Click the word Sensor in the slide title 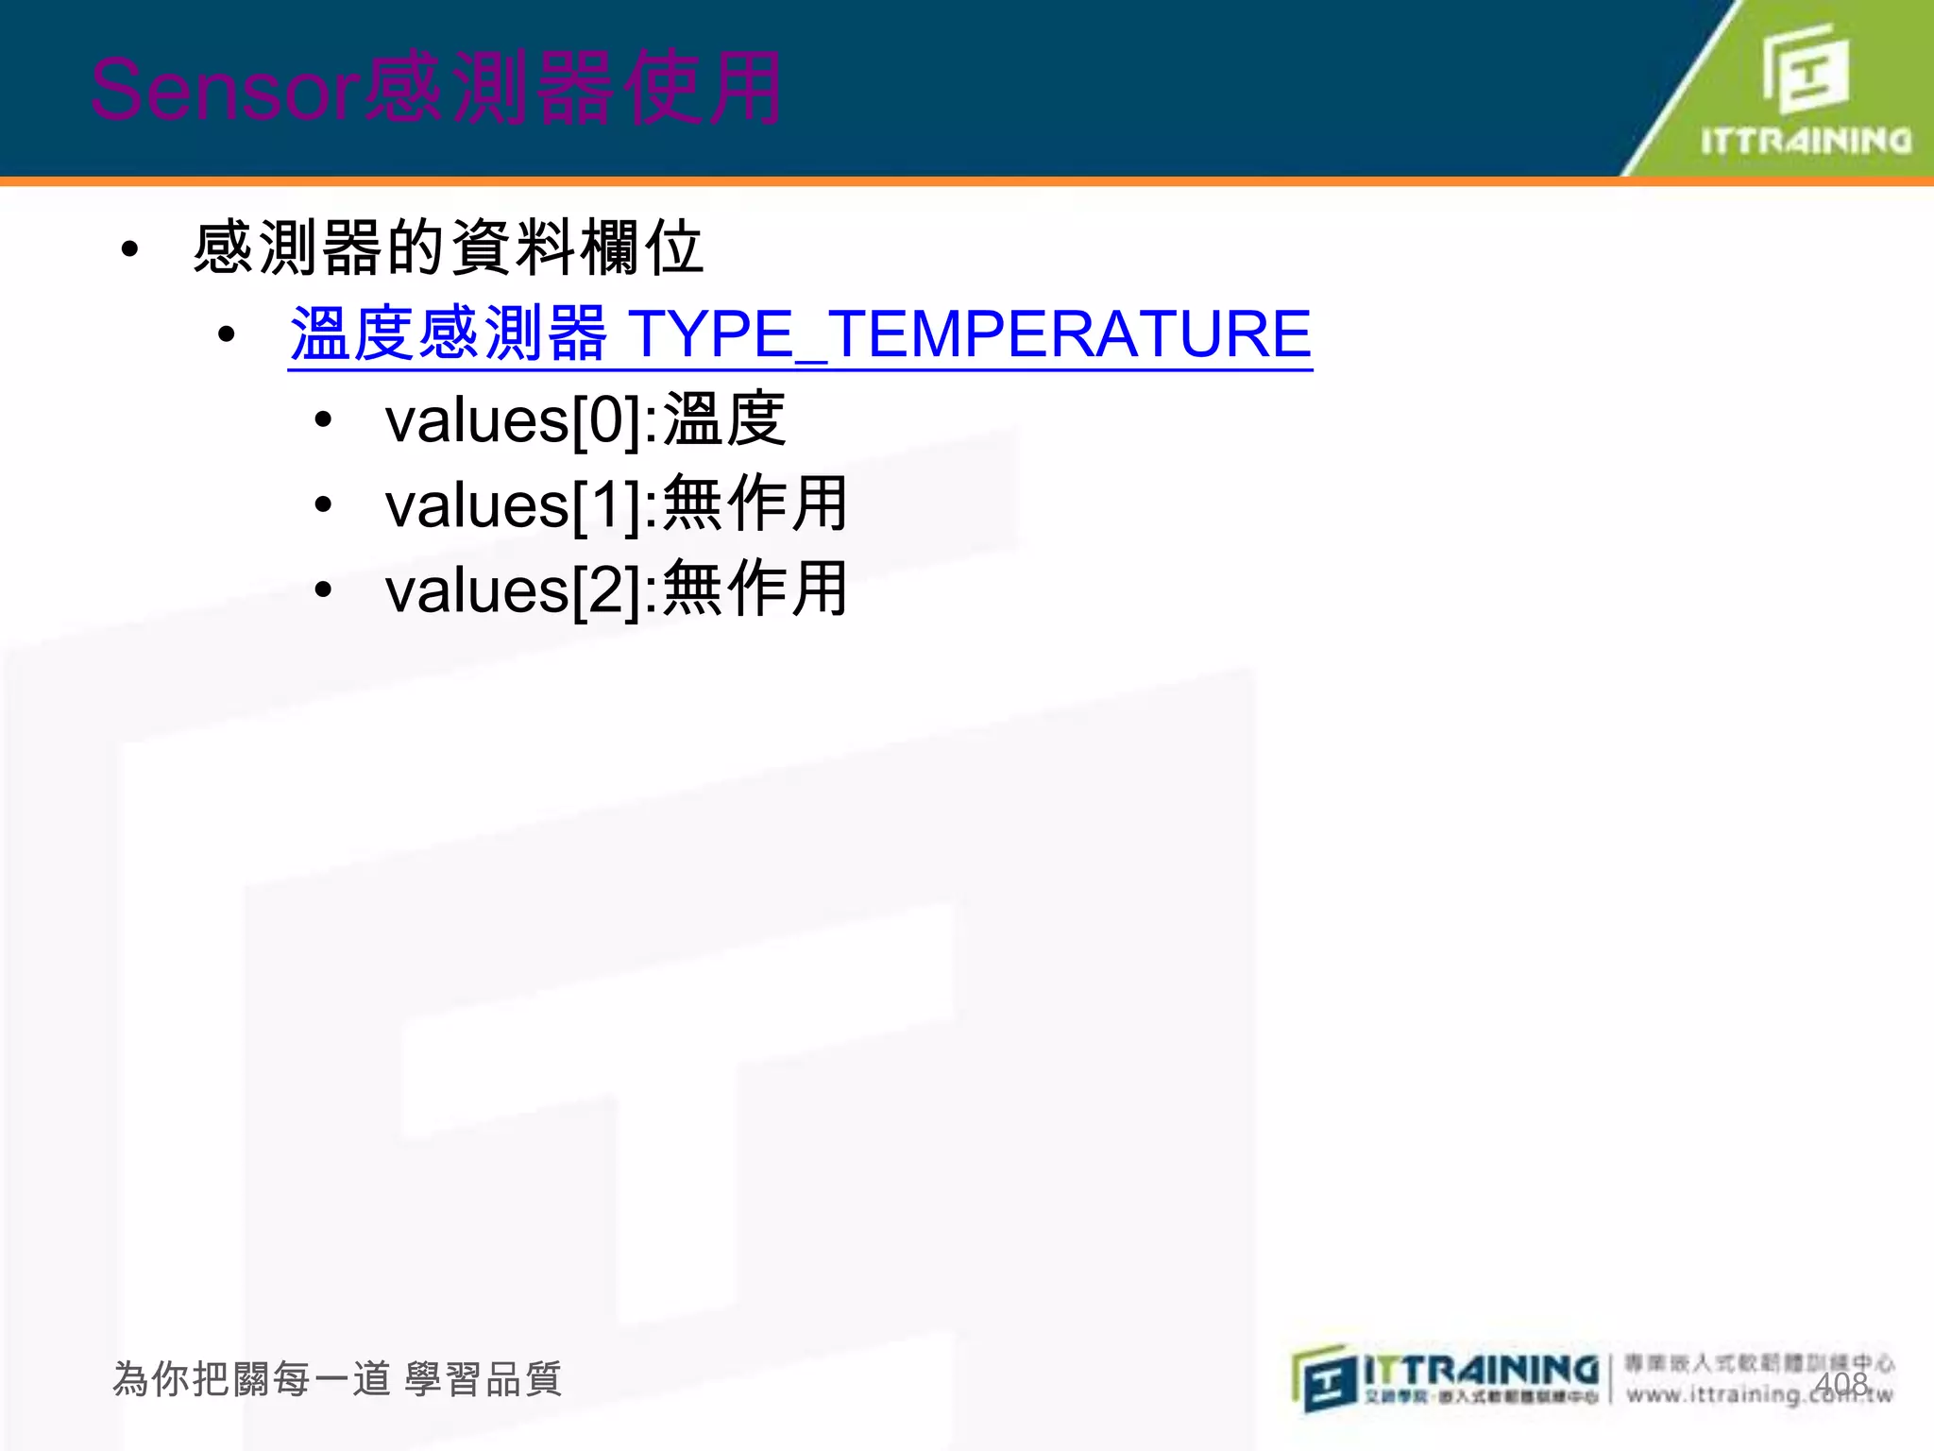pyautogui.click(x=225, y=91)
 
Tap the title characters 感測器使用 pyautogui.click(x=572, y=89)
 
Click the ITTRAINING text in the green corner pyautogui.click(x=1806, y=142)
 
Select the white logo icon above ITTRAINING pyautogui.click(x=1806, y=68)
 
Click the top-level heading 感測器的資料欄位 pyautogui.click(x=449, y=248)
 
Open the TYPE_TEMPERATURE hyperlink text pyautogui.click(x=969, y=334)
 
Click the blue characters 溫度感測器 pyautogui.click(x=448, y=334)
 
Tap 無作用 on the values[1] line pyautogui.click(x=755, y=504)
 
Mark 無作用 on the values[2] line pyautogui.click(x=755, y=589)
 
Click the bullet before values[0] pyautogui.click(x=324, y=419)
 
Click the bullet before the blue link pyautogui.click(x=226, y=334)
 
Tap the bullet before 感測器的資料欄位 pyautogui.click(x=130, y=249)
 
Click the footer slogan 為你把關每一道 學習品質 pyautogui.click(x=337, y=1379)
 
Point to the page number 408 pyautogui.click(x=1841, y=1384)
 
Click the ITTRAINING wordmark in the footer pyautogui.click(x=1481, y=1370)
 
